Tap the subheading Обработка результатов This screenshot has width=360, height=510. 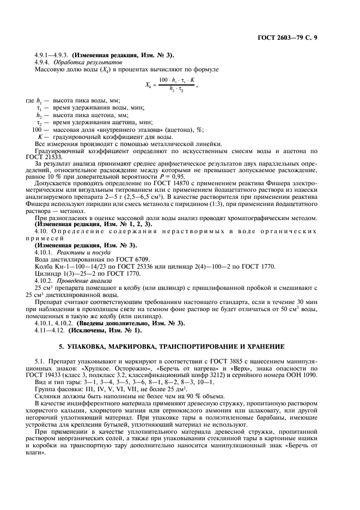tap(83, 63)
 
